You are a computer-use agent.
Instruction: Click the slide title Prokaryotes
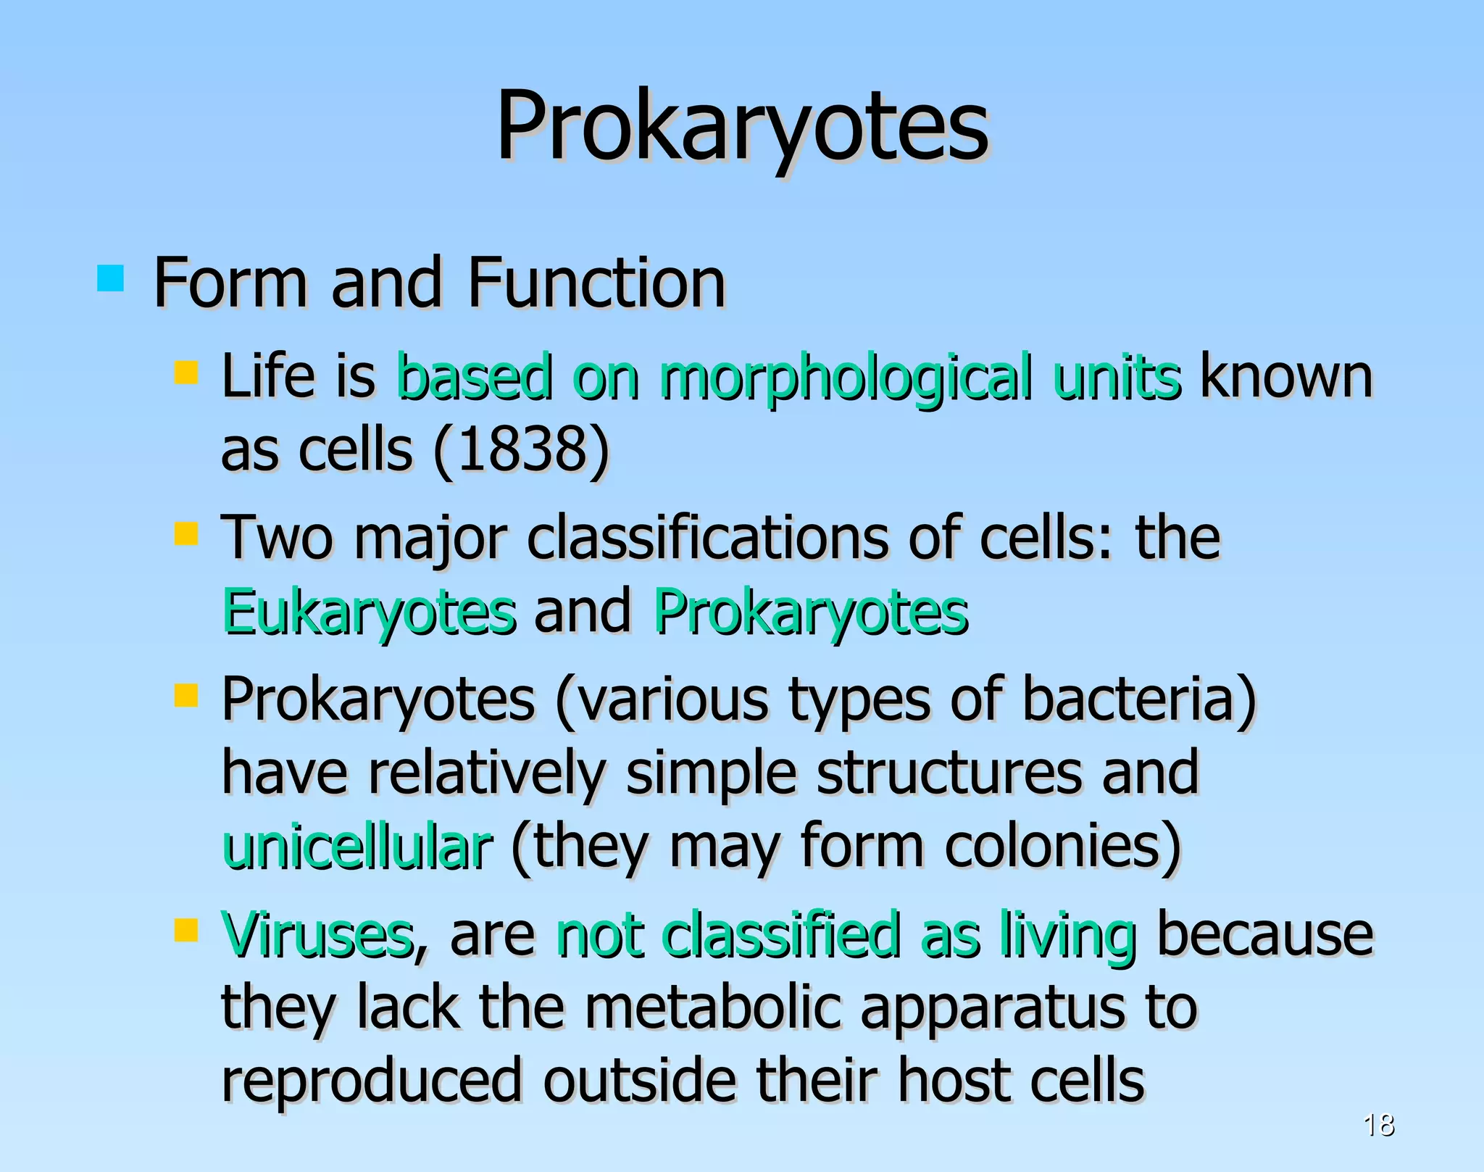[x=741, y=127]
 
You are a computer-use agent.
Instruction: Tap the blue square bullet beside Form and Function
[x=110, y=278]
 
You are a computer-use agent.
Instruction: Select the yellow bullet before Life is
[x=186, y=373]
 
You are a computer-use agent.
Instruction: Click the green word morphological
[x=845, y=378]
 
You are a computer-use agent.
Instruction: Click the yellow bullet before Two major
[x=186, y=534]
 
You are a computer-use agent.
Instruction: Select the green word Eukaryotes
[x=369, y=613]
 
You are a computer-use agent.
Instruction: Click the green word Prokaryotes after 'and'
[x=810, y=613]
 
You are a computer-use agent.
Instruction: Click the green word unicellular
[x=357, y=848]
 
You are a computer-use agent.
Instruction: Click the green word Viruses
[x=317, y=935]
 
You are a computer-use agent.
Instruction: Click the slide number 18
[x=1378, y=1125]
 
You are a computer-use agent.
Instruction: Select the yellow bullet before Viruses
[x=186, y=930]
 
